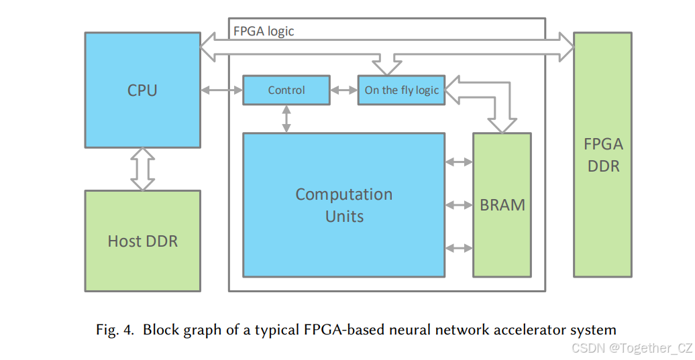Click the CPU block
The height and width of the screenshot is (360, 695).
click(142, 90)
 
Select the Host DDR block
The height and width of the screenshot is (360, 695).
click(142, 241)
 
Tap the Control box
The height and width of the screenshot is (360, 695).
click(286, 91)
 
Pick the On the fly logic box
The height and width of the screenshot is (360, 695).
click(401, 91)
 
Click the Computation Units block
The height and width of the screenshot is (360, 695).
click(343, 204)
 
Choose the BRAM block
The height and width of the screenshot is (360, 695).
click(502, 204)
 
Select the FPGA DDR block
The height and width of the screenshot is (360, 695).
click(602, 154)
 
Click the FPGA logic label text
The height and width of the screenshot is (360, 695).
click(264, 32)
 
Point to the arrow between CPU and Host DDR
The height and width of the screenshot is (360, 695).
click(142, 169)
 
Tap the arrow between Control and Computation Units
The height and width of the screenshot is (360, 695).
click(287, 119)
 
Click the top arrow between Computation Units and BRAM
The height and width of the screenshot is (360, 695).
click(460, 162)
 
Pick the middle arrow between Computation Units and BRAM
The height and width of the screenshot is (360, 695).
click(460, 204)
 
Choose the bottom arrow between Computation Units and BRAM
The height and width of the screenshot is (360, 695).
click(460, 248)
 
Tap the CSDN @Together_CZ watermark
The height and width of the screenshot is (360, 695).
click(631, 348)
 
